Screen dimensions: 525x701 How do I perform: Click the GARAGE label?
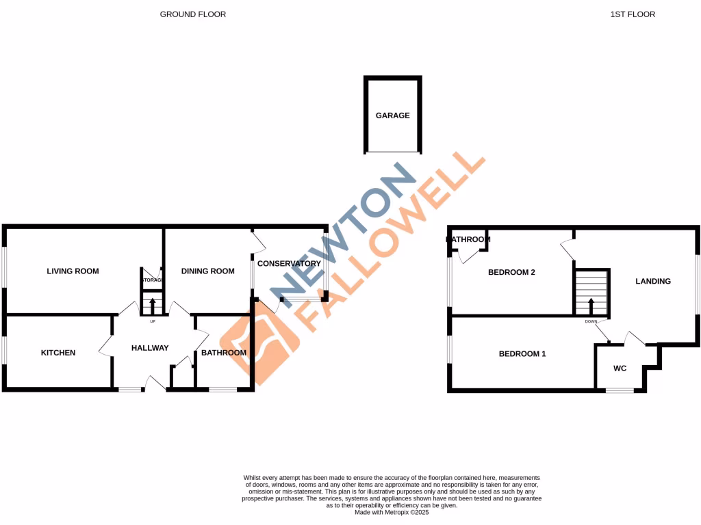[392, 116]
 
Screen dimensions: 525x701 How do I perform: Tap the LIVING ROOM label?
[73, 271]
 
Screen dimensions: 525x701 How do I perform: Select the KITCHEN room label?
[58, 353]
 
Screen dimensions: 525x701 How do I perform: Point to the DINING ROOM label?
[207, 271]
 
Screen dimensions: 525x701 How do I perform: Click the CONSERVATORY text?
[289, 263]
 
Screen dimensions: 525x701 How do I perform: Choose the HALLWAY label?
[150, 348]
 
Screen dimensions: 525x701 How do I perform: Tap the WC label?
[620, 368]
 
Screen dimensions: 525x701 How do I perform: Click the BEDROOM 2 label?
[511, 272]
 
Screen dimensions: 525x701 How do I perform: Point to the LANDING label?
[653, 281]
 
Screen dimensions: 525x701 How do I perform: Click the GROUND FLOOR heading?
[192, 14]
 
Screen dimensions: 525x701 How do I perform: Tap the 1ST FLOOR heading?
[633, 14]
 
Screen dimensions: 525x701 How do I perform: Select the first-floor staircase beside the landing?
[591, 292]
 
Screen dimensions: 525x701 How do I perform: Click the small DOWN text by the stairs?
[591, 321]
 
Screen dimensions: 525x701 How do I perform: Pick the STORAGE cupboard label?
[152, 280]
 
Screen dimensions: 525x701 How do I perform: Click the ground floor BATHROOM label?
[223, 353]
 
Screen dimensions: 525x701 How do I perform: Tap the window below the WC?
[620, 390]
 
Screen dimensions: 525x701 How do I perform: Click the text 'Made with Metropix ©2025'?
[392, 511]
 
